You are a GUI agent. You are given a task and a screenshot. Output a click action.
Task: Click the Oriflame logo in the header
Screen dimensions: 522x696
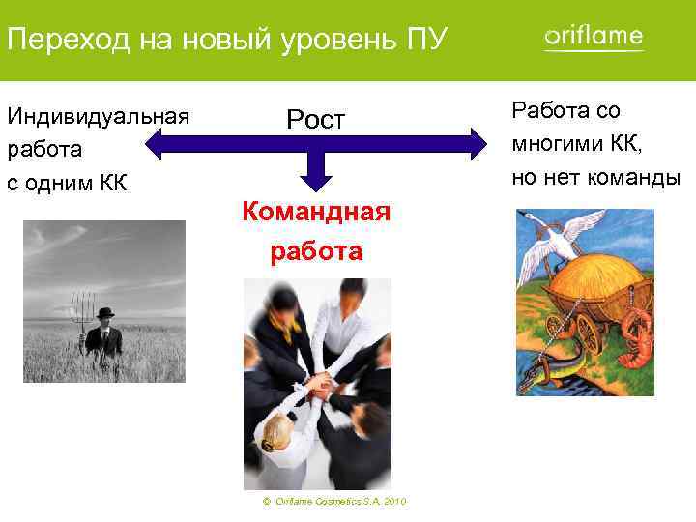594,37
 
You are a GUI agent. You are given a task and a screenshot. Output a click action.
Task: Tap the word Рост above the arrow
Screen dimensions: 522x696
315,120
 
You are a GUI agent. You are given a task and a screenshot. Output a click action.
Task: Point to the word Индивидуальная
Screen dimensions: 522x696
98,117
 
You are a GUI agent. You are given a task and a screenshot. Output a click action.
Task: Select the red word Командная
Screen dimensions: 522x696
315,211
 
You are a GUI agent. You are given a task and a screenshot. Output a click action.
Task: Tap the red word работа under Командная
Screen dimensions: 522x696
315,251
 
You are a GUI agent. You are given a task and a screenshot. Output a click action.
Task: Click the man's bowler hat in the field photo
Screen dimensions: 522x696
105,313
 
